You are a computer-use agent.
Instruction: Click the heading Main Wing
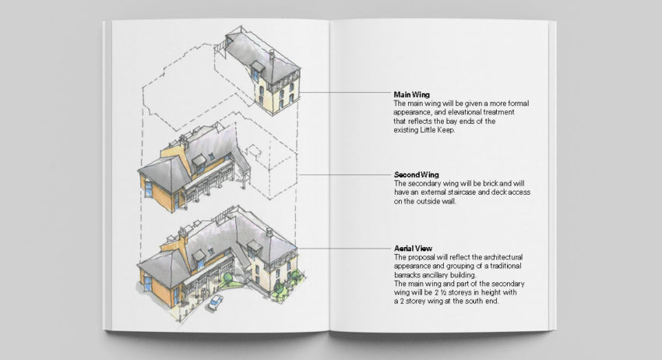click(412, 94)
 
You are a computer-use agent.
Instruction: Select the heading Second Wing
click(417, 175)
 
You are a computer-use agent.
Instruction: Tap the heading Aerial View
click(413, 249)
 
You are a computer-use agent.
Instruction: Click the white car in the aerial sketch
click(215, 302)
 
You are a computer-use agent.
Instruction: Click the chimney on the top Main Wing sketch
click(272, 55)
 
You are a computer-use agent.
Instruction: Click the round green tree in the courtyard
click(228, 278)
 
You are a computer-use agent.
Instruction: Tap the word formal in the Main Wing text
click(518, 104)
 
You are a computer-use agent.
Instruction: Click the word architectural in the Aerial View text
click(503, 257)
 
